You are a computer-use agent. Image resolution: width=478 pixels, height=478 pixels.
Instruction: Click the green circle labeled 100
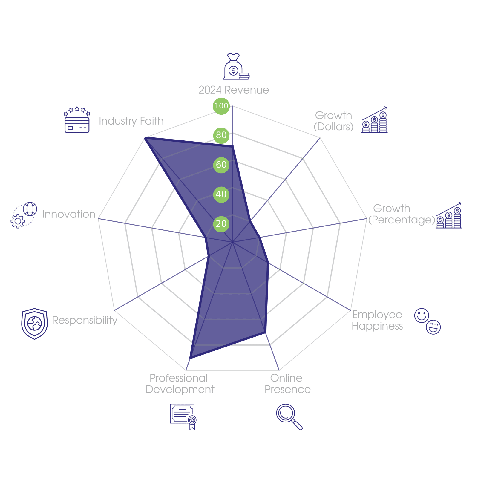point(221,106)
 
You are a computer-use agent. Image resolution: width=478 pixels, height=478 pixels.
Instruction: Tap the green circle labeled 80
point(221,135)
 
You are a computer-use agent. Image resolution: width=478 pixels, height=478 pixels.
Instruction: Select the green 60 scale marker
point(221,165)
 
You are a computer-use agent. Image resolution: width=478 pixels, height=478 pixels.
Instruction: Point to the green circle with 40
point(221,194)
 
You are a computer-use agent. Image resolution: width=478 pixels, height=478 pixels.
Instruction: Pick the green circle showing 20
point(221,224)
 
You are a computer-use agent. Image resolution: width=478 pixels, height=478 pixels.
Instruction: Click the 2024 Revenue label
point(234,90)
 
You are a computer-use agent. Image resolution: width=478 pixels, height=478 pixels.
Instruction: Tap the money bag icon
point(236,67)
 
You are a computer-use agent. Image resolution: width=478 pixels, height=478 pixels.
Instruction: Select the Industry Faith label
point(131,121)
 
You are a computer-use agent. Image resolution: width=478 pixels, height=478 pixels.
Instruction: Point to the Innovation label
point(69,214)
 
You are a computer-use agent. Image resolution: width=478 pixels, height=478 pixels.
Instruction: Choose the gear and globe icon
point(24,215)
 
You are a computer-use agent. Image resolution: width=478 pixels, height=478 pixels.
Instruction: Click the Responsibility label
point(85,320)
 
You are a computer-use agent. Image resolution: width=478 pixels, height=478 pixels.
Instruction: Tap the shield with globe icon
point(34,324)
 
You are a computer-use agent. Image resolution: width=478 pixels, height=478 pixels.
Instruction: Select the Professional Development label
point(180,384)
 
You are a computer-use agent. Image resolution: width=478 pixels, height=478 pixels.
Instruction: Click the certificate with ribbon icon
point(183,416)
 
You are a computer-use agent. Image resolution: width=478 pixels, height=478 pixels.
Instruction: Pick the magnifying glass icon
point(289,416)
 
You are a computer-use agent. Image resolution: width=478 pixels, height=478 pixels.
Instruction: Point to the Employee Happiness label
point(377,320)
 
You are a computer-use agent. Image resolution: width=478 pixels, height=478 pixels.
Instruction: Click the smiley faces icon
point(427,321)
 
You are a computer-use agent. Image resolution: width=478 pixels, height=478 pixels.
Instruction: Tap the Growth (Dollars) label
point(333,121)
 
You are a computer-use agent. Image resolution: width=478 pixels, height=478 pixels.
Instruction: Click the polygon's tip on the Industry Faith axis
point(145,137)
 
